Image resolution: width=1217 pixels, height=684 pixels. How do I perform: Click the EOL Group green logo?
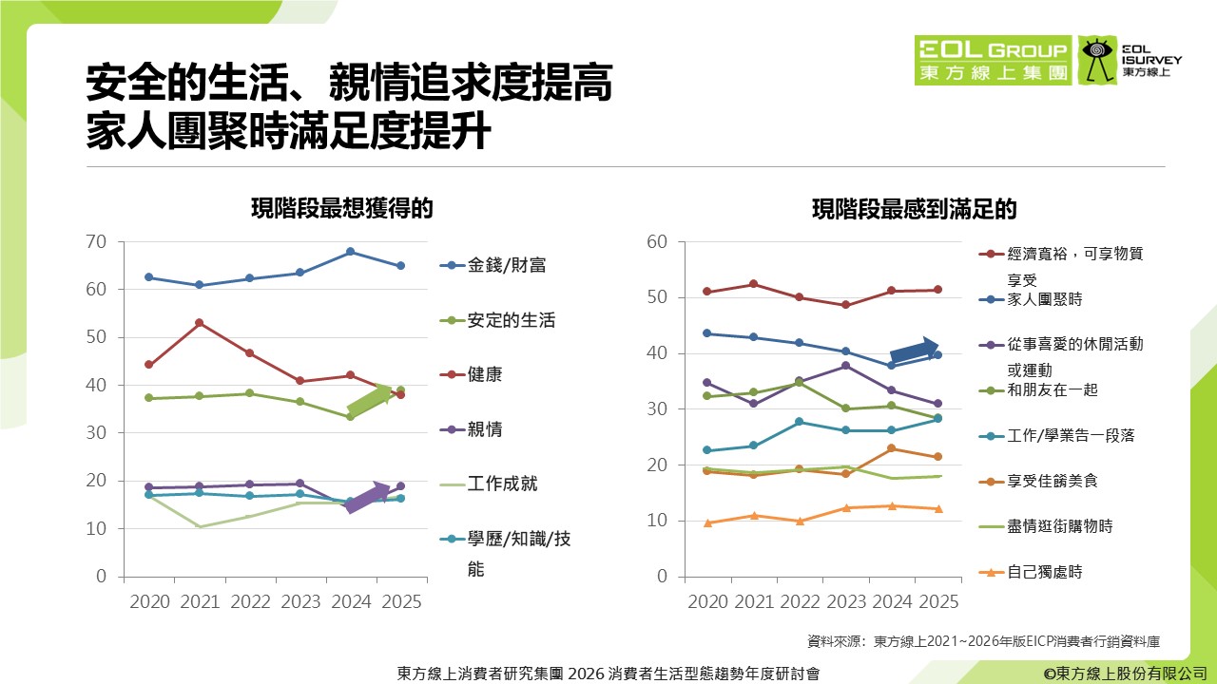(x=993, y=61)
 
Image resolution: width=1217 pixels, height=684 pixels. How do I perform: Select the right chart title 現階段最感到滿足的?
(x=914, y=209)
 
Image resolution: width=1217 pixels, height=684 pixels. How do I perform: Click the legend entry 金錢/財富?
(x=507, y=266)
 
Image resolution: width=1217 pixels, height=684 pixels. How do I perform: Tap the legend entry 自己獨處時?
(x=1045, y=572)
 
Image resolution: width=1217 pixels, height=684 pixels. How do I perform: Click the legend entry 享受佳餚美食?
(x=1053, y=481)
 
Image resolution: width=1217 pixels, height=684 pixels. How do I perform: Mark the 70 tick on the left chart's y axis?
(x=95, y=241)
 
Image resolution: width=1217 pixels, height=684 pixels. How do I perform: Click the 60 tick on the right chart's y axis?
(x=658, y=241)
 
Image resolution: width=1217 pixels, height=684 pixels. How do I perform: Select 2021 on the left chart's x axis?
(x=199, y=601)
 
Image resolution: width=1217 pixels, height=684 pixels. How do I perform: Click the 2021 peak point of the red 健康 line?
(x=199, y=323)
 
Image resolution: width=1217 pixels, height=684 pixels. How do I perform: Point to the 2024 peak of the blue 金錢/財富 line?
(x=350, y=252)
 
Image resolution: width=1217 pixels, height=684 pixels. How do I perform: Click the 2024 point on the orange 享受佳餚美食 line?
(x=891, y=448)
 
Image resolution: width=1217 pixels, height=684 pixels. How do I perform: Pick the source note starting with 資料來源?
(x=982, y=641)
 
